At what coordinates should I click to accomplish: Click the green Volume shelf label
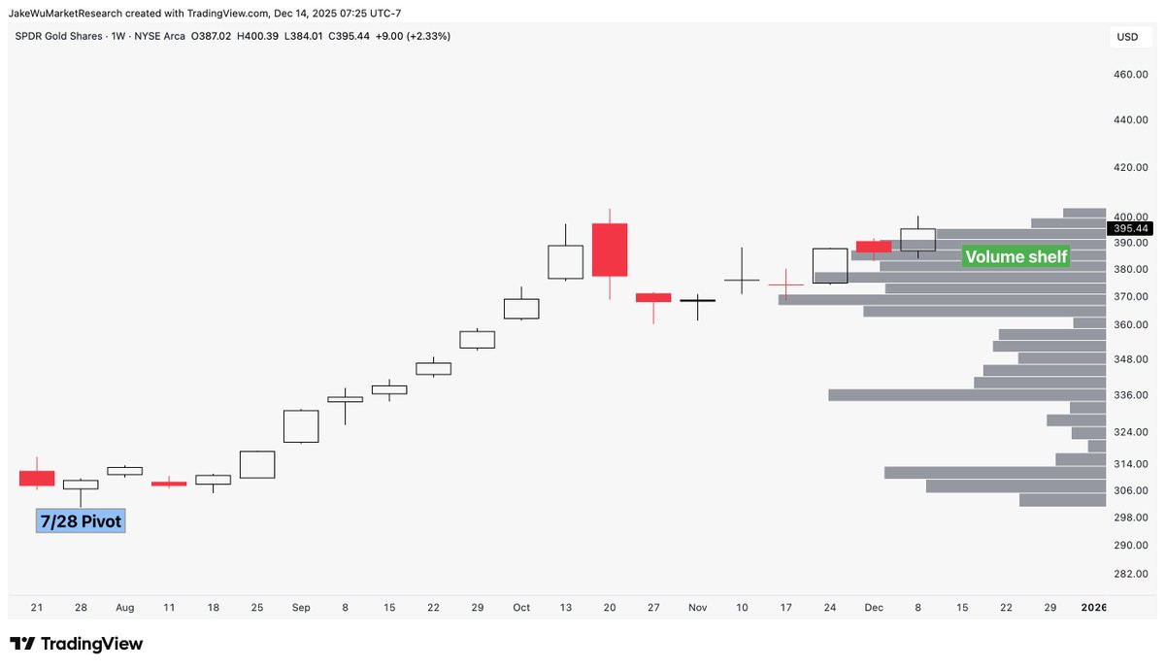click(x=1015, y=256)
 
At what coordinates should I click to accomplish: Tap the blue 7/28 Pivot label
click(x=81, y=520)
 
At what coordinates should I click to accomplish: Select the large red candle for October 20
click(x=610, y=251)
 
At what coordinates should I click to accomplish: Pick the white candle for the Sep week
click(x=301, y=426)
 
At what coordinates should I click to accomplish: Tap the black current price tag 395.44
click(x=1130, y=228)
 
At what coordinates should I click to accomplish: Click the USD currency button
click(x=1127, y=37)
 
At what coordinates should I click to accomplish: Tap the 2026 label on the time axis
click(x=1093, y=607)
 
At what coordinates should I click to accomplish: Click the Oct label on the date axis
click(x=521, y=607)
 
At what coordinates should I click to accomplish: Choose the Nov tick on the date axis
click(x=697, y=607)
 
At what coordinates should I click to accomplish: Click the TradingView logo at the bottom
click(x=76, y=644)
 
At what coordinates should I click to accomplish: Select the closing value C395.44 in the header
click(x=349, y=37)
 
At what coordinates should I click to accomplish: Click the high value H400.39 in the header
click(x=257, y=37)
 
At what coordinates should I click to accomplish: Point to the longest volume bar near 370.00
click(x=942, y=300)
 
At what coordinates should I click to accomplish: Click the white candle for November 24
click(x=830, y=266)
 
